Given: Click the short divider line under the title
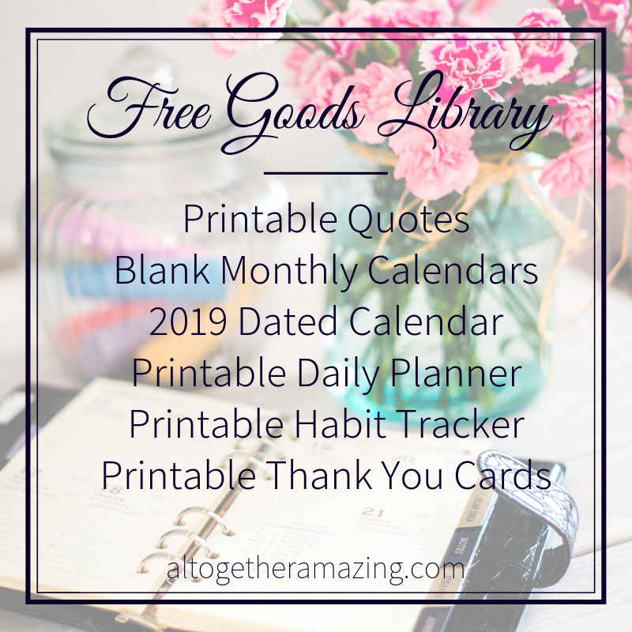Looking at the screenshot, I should [x=325, y=171].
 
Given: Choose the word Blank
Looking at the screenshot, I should [x=162, y=271].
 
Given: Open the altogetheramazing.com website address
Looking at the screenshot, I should [x=315, y=569].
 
